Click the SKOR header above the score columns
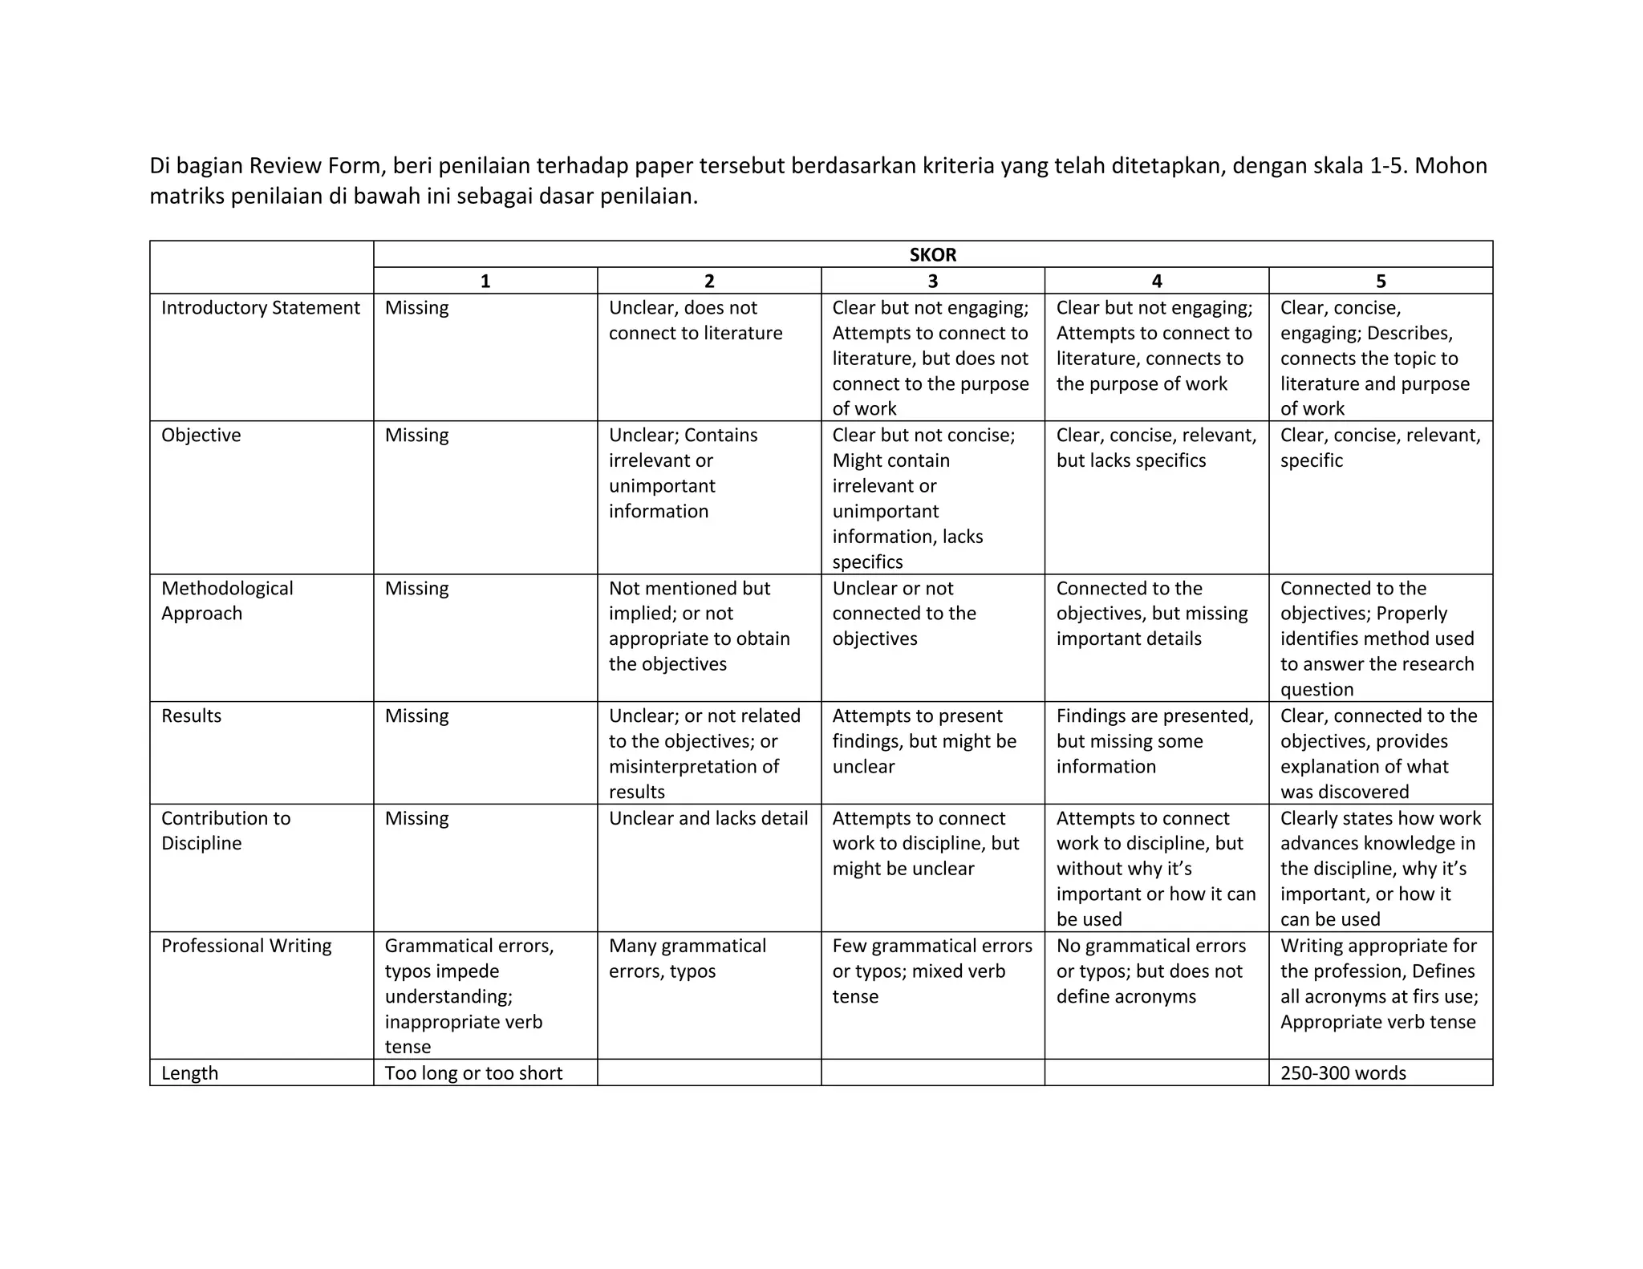[x=932, y=254]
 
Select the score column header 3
[x=932, y=281]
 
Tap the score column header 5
[x=1380, y=281]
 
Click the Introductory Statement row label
[x=260, y=308]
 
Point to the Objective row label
[x=201, y=436]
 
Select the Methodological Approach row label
[x=227, y=601]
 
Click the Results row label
[x=191, y=716]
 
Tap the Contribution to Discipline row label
[x=225, y=830]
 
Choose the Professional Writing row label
[x=245, y=946]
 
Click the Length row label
[x=189, y=1073]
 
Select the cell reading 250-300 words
[x=1343, y=1073]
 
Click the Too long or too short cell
[x=473, y=1073]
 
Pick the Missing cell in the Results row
[x=416, y=716]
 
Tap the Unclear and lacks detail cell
[x=708, y=818]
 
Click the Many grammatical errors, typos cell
[x=687, y=958]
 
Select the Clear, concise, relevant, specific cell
[x=1380, y=448]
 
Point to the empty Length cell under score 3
[x=932, y=1072]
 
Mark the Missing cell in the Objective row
[x=416, y=436]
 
